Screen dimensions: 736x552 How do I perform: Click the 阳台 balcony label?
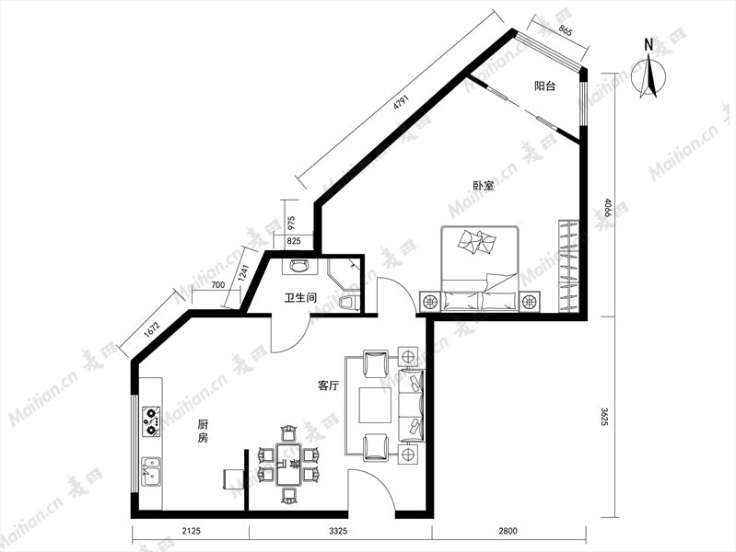[x=545, y=86]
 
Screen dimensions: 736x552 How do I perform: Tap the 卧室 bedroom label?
[x=483, y=186]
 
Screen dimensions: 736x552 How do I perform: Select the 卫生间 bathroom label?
[x=300, y=297]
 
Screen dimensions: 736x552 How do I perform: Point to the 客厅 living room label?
[x=329, y=386]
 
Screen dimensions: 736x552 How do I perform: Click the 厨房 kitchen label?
[x=203, y=431]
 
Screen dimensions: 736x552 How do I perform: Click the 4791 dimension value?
[x=402, y=103]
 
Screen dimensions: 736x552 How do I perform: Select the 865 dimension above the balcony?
[x=566, y=31]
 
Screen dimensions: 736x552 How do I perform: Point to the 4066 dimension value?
[x=608, y=208]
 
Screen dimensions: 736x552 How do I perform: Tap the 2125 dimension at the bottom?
[x=191, y=531]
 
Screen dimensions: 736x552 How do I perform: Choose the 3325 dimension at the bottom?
[x=338, y=531]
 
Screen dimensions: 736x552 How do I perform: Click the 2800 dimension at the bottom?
[x=508, y=531]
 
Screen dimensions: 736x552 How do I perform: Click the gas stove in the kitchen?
[x=151, y=421]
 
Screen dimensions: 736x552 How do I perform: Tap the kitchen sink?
[x=151, y=472]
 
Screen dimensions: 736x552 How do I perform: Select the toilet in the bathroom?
[x=349, y=303]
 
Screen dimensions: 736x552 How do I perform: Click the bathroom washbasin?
[x=299, y=266]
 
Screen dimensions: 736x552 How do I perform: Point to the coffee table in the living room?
[x=376, y=405]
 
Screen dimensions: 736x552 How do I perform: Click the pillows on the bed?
[x=477, y=242]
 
